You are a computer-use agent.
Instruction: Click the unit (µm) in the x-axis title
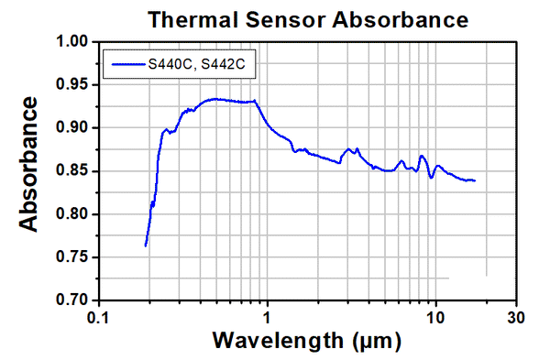click(x=375, y=342)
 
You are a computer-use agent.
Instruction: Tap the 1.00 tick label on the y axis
click(x=69, y=42)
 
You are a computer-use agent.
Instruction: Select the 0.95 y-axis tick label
click(x=69, y=85)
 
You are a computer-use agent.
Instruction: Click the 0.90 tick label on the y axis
click(x=69, y=128)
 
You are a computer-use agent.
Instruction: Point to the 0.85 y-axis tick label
click(x=69, y=171)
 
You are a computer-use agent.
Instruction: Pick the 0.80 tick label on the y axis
click(x=69, y=214)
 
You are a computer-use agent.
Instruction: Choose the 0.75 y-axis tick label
click(x=69, y=257)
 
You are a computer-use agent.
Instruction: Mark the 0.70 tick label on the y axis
click(x=69, y=300)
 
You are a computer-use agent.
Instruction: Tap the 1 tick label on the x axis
click(x=267, y=317)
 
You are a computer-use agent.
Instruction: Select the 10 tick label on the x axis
click(x=435, y=317)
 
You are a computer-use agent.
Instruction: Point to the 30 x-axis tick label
click(x=516, y=317)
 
